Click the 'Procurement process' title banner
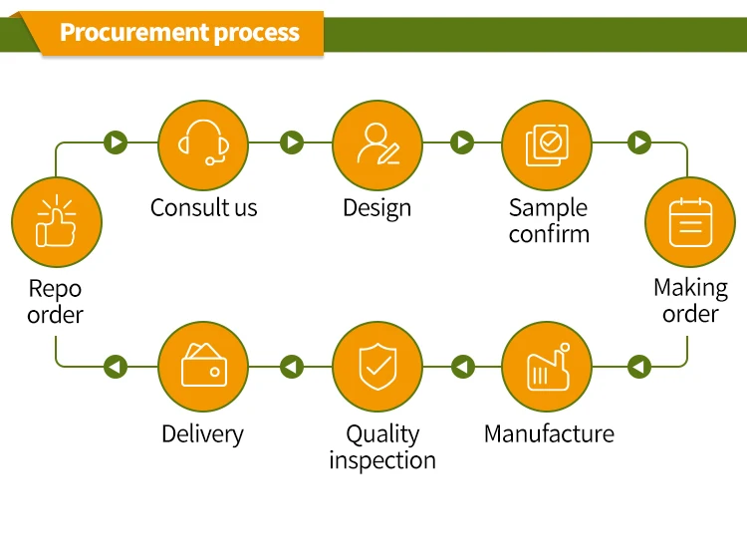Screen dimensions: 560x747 pos(179,32)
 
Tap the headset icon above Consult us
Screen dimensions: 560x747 pos(203,143)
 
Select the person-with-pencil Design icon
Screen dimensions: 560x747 pos(376,143)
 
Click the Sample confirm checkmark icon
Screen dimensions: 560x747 pos(546,143)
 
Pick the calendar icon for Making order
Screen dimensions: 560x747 pos(690,222)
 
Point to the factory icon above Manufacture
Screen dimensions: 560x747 pos(546,368)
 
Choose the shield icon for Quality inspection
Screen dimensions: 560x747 pos(376,368)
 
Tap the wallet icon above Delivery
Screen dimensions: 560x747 pos(203,368)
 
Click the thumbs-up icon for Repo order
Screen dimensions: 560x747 pos(56,222)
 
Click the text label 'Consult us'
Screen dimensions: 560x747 pos(203,208)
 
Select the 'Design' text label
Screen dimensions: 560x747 pos(376,208)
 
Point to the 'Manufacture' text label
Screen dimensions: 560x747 pos(549,434)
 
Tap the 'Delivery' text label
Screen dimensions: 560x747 pos(202,434)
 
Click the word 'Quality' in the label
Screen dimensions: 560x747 pos(382,434)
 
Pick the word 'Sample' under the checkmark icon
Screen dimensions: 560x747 pos(548,208)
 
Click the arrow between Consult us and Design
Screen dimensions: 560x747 pos(291,142)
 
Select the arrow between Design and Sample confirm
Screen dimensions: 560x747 pos(461,142)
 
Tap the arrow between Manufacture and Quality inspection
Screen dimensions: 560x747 pos(462,367)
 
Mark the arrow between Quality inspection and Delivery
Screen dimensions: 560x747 pos(291,367)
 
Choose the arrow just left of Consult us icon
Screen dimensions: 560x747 pos(117,142)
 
